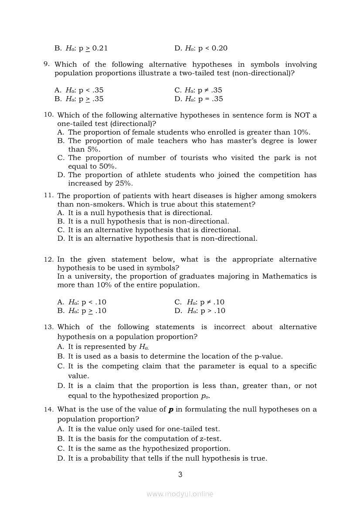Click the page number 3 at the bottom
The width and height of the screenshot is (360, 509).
point(180,475)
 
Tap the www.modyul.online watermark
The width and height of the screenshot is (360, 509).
point(180,494)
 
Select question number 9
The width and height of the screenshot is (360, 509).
point(46,64)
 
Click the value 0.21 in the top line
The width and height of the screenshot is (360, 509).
point(100,48)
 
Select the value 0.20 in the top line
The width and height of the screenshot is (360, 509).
point(219,48)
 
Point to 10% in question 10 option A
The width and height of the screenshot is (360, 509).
point(301,132)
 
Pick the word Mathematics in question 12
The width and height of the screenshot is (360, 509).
point(284,276)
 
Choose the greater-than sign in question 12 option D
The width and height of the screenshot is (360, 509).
point(209,311)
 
